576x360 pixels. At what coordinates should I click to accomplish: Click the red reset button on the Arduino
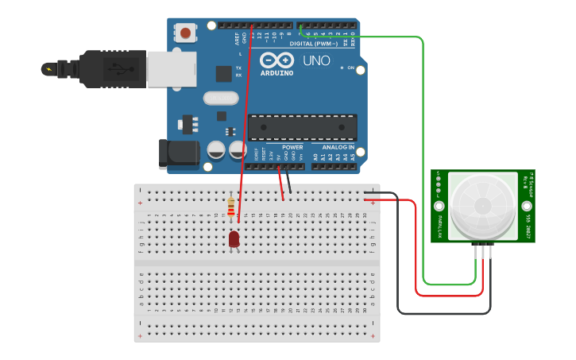point(185,33)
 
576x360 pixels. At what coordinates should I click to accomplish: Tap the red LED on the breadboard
point(234,238)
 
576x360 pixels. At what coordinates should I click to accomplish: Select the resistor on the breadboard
point(231,207)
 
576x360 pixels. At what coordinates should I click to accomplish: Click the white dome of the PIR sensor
point(483,204)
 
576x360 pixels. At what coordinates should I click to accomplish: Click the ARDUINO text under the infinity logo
point(277,73)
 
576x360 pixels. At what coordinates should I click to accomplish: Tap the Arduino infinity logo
point(276,60)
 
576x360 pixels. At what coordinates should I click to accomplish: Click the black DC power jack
point(178,153)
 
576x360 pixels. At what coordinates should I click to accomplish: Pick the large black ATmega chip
point(302,127)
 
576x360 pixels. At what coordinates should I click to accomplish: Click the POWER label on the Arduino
point(292,147)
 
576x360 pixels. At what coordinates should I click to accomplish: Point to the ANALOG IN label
point(338,147)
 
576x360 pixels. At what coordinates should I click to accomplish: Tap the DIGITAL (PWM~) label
point(313,44)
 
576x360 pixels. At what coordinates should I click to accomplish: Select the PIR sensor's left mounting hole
point(439,206)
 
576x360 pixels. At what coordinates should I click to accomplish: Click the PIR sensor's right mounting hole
point(527,206)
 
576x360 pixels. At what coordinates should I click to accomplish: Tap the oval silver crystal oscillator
point(220,98)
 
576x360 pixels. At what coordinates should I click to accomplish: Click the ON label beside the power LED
point(350,68)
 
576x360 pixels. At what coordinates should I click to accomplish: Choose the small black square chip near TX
point(223,73)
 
